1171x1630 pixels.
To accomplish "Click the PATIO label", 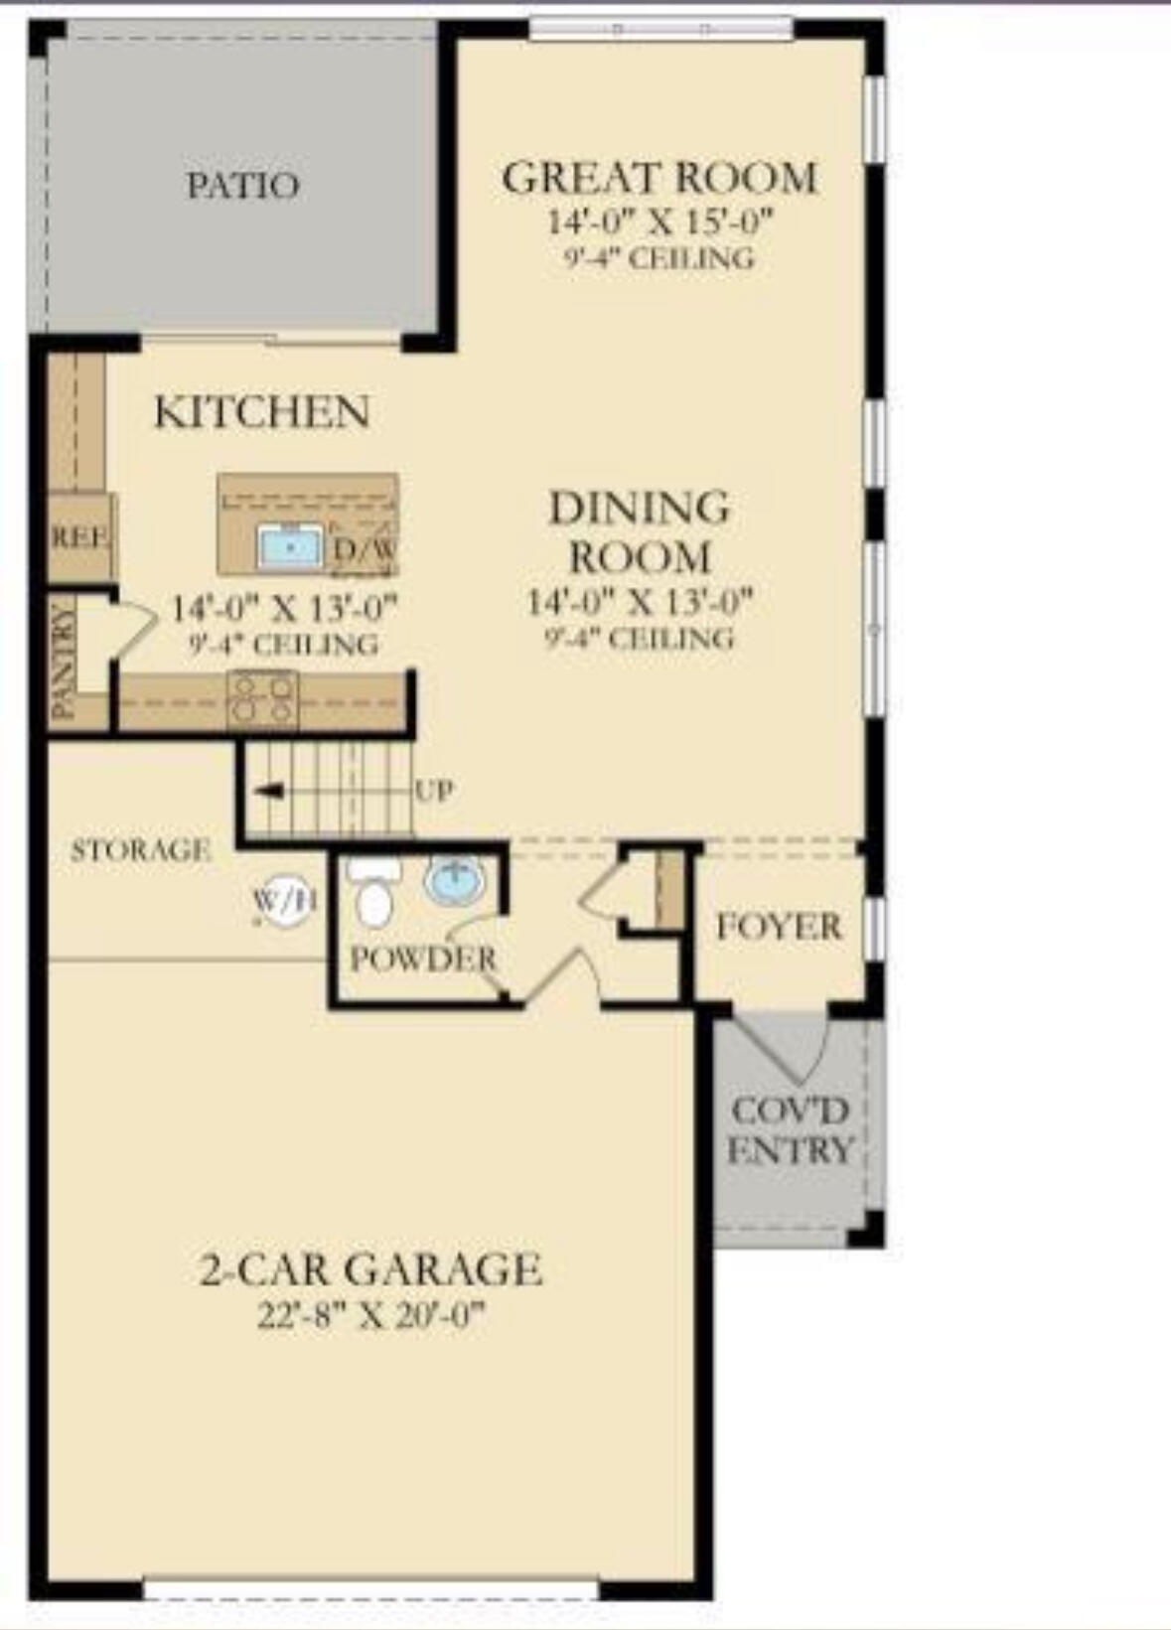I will [x=242, y=186].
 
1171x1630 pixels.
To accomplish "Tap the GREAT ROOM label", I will [x=659, y=179].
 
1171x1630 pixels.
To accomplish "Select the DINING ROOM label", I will [x=640, y=532].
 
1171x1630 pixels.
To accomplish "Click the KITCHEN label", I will [x=262, y=412].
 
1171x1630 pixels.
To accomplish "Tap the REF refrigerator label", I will [x=79, y=537].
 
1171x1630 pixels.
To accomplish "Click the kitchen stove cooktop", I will [x=262, y=699].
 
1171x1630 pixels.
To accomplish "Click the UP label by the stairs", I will [x=434, y=791].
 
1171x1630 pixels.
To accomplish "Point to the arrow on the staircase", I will [x=269, y=791].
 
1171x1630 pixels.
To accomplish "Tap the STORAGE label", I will [x=140, y=850].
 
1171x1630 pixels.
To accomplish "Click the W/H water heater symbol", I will [x=285, y=902].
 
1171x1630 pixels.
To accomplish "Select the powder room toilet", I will [x=373, y=895].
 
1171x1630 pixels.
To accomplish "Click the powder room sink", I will [x=455, y=881].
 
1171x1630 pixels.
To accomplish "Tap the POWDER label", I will [x=423, y=960].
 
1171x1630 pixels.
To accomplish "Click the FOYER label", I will [x=779, y=927].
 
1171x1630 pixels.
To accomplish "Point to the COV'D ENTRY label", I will [x=790, y=1130].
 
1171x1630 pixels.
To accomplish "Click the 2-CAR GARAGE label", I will [x=371, y=1269].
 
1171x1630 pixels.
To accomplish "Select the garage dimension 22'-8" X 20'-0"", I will [x=371, y=1316].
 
